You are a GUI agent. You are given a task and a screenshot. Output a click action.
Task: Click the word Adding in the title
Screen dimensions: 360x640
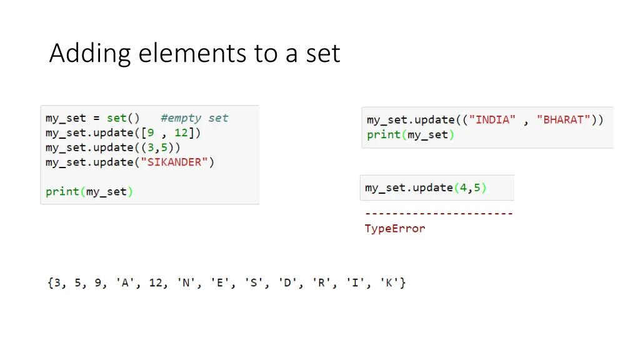point(90,54)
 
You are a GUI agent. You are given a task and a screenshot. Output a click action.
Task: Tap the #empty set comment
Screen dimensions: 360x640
point(194,118)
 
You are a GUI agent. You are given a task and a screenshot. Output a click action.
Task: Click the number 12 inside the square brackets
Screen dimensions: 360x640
point(181,132)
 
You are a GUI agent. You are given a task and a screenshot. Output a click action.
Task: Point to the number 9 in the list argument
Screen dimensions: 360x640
point(151,132)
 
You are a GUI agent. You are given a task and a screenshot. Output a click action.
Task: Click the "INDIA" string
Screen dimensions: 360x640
point(492,119)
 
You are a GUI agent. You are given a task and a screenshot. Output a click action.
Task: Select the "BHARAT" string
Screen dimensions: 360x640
point(564,119)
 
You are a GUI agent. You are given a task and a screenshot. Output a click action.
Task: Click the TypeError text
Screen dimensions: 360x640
point(395,229)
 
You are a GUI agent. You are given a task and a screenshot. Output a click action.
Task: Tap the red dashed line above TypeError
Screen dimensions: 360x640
point(439,214)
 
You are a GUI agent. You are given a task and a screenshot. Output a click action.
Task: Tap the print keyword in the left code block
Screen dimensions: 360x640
point(62,192)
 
